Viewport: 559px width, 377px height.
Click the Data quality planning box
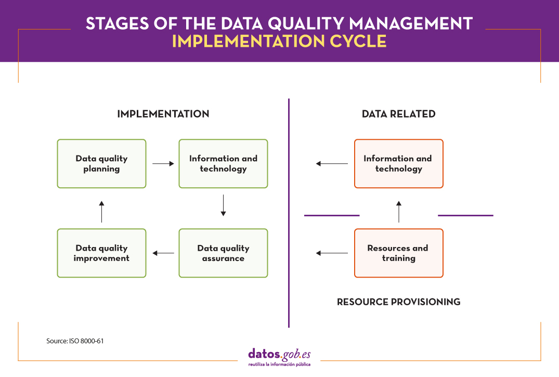point(101,163)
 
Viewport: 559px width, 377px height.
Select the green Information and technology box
point(223,163)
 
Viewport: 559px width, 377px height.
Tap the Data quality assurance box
point(223,253)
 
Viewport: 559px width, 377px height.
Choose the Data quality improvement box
point(101,253)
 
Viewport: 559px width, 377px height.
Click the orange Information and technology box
point(398,163)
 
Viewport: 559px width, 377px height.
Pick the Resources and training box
point(398,253)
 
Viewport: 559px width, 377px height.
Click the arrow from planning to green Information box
point(163,164)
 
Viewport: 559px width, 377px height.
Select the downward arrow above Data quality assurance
point(223,205)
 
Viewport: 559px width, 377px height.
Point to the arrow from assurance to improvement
point(163,253)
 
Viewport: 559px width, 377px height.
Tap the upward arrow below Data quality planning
point(101,211)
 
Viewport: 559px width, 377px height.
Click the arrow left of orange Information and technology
point(332,164)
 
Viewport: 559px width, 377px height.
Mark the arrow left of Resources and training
point(332,253)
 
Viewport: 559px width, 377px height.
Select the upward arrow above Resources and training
point(399,212)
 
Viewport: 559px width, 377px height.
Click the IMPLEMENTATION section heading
point(163,114)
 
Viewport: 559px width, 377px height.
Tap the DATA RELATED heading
point(398,114)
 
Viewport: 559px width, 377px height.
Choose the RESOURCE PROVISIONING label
point(398,302)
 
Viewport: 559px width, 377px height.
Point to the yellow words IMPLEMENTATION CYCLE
point(279,42)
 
